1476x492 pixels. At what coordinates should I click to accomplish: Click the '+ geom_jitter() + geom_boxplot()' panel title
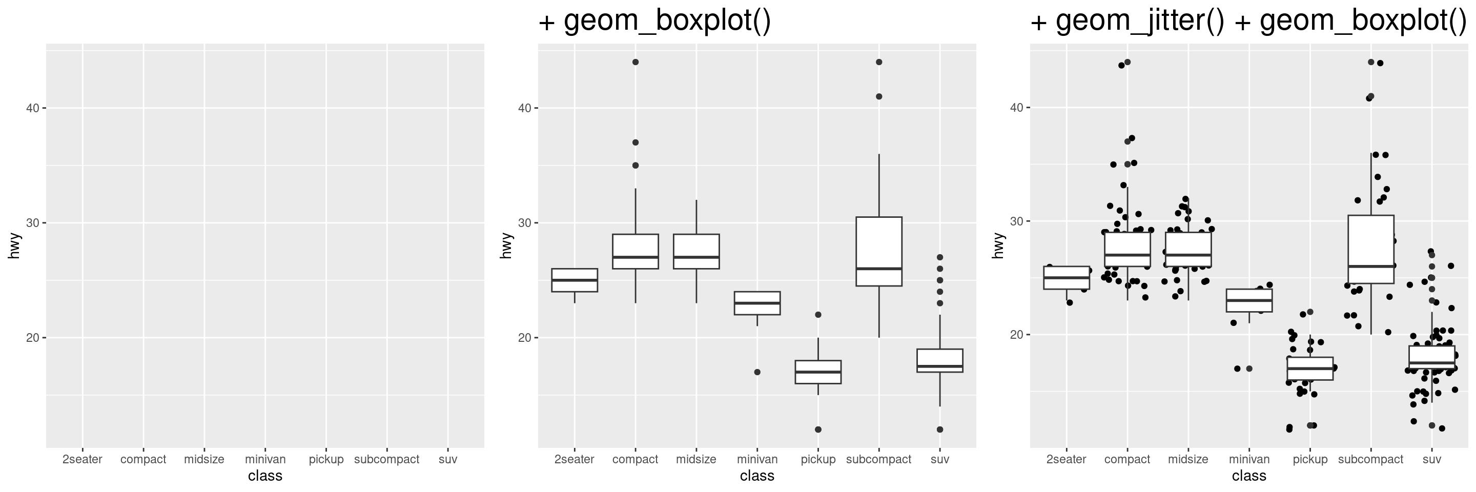pos(1247,21)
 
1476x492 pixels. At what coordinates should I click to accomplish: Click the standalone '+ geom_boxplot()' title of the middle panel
pos(654,21)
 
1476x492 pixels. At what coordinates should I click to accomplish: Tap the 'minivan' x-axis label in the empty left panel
pos(265,459)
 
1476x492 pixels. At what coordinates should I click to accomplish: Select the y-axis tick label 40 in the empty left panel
pos(32,108)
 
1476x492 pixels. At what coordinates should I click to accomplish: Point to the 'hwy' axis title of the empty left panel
pos(14,245)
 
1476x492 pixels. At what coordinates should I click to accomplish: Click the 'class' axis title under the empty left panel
pos(265,476)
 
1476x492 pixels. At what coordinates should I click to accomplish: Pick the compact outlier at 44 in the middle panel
pos(635,62)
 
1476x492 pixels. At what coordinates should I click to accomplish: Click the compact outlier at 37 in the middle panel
pos(635,142)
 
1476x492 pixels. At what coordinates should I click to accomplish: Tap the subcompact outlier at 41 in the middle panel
pos(879,96)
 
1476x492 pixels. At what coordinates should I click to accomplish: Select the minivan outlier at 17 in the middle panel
pos(757,372)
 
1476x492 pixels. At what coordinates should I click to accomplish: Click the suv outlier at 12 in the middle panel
pos(940,429)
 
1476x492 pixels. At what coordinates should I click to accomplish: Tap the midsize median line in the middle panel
pos(696,257)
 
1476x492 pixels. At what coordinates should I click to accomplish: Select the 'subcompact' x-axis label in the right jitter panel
pos(1370,459)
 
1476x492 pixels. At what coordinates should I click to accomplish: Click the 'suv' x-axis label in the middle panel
pos(940,459)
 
